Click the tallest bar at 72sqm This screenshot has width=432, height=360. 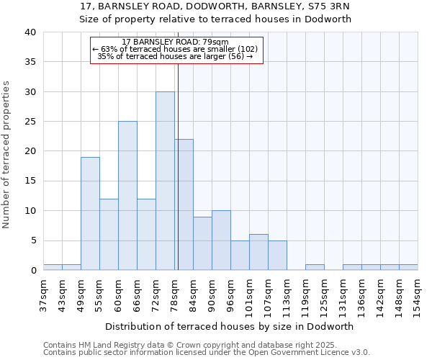click(x=165, y=181)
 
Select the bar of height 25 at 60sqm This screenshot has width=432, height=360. click(x=127, y=196)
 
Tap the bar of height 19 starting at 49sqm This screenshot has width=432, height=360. click(x=90, y=214)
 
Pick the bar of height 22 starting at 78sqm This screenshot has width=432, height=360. click(x=184, y=204)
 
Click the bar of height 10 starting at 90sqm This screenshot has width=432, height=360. click(x=221, y=240)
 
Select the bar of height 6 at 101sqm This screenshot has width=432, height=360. click(x=258, y=252)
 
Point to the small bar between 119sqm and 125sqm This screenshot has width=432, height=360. click(x=315, y=267)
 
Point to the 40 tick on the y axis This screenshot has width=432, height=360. click(x=30, y=32)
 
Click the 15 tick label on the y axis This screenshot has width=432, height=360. click(x=30, y=181)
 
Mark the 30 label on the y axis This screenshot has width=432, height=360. click(x=30, y=92)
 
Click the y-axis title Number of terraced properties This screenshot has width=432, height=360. click(x=7, y=154)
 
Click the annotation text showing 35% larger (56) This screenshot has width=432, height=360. click(x=176, y=56)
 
